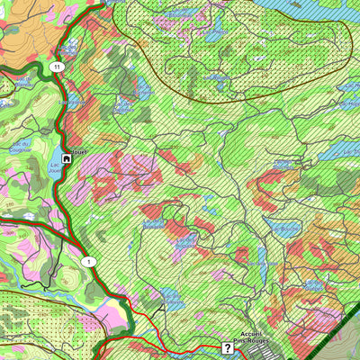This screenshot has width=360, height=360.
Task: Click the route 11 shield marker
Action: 58,67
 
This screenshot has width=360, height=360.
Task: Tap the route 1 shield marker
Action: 88,261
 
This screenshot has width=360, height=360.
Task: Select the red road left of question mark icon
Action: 180,346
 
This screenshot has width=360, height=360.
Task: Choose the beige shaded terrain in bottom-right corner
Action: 346,346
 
